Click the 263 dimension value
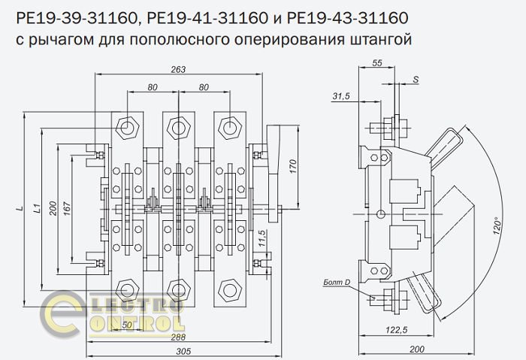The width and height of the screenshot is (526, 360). pyautogui.click(x=178, y=69)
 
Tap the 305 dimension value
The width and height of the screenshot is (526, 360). pyautogui.click(x=183, y=351)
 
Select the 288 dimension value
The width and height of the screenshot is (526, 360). pyautogui.click(x=178, y=337)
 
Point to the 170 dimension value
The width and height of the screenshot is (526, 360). pyautogui.click(x=293, y=166)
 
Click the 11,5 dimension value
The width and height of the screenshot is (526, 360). pyautogui.click(x=261, y=238)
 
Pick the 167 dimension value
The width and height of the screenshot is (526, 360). pyautogui.click(x=67, y=209)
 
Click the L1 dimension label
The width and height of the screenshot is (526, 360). pyautogui.click(x=38, y=208)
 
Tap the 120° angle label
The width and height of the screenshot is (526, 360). pyautogui.click(x=497, y=228)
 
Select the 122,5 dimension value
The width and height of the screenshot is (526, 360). pyautogui.click(x=396, y=330)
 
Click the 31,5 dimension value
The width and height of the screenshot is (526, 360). pyautogui.click(x=341, y=96)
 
